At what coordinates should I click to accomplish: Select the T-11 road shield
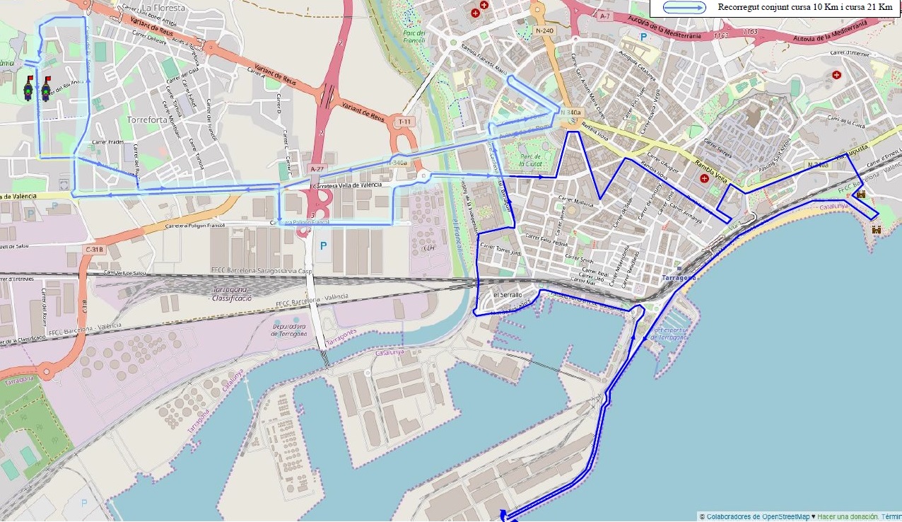click(x=404, y=122)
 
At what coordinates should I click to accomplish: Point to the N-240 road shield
click(x=544, y=30)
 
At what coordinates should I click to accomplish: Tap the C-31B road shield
click(x=95, y=249)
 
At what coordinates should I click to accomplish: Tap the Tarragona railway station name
click(x=679, y=278)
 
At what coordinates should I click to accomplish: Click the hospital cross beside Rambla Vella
click(x=704, y=178)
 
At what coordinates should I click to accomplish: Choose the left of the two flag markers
click(x=28, y=88)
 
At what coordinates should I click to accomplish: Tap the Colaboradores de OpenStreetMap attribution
click(x=757, y=516)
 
